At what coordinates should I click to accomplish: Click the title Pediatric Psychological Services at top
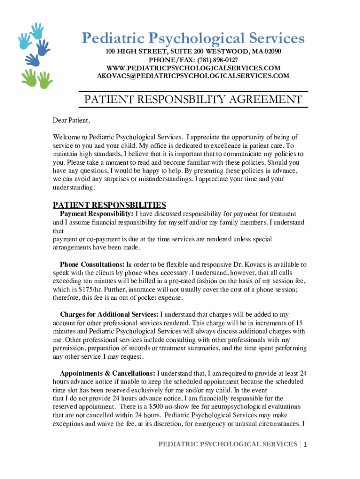coord(193,38)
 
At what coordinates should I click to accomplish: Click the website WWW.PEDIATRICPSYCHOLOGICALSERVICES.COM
coord(193,68)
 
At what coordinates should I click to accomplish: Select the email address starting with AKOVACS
coord(193,76)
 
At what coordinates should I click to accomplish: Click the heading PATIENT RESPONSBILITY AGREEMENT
coord(193,100)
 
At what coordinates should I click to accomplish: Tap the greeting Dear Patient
coord(71,121)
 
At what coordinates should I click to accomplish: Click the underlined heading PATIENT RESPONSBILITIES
coord(109,205)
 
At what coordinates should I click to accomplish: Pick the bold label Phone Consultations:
coord(92,264)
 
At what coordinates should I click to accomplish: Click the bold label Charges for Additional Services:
coord(109,315)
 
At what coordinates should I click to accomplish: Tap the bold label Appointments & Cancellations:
coord(108,373)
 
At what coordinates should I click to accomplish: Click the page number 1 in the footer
coord(305,444)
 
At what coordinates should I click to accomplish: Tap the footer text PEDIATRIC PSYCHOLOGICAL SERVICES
coord(227,444)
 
